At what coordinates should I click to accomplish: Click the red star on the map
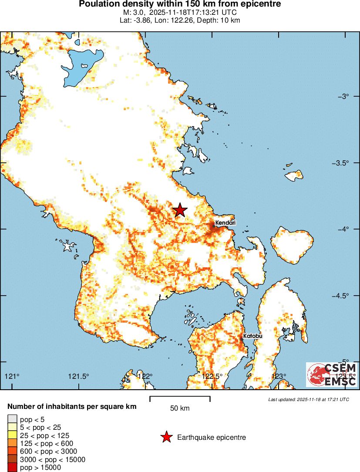pos(180,210)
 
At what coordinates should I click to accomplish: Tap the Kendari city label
pos(225,223)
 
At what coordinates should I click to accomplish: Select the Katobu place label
pos(252,336)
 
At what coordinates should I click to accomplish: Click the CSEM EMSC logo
pos(332,374)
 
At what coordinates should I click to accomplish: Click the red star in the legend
pos(166,437)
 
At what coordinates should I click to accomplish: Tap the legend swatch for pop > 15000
pos(12,468)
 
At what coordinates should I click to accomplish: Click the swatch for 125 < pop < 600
pos(12,443)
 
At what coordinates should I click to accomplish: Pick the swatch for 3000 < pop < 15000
pos(12,459)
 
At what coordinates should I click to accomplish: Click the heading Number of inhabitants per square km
pos(72,407)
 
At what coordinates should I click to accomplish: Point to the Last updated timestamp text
pos(308,399)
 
